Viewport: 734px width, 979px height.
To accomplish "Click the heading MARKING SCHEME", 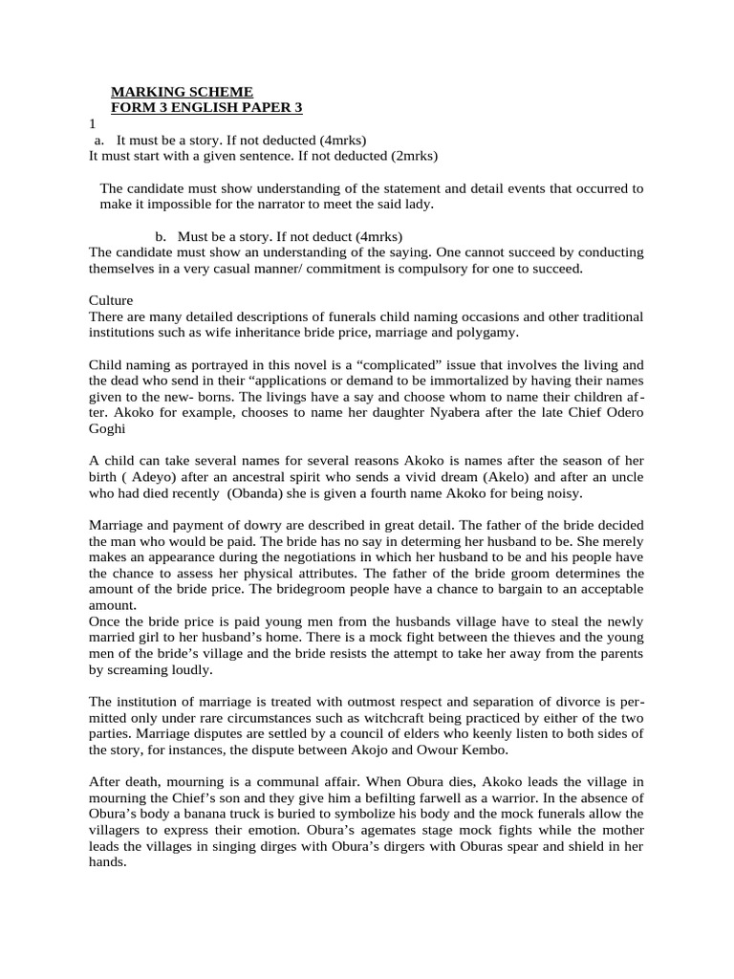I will click(x=183, y=92).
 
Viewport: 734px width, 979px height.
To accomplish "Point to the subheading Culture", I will click(x=112, y=300).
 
